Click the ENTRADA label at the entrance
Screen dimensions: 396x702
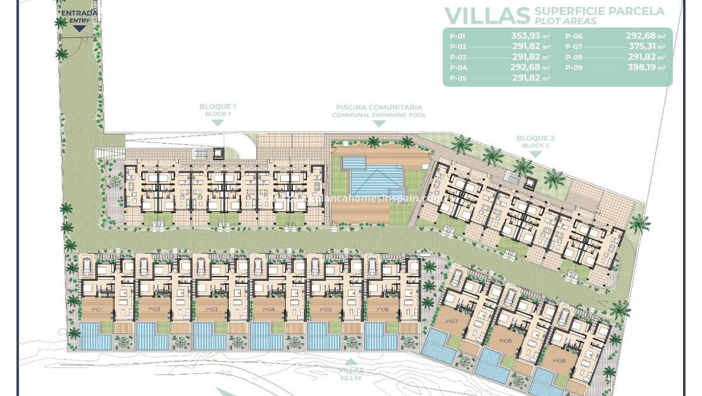[x=79, y=13]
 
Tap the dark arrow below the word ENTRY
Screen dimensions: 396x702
[x=78, y=27]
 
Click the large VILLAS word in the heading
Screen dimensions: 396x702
[x=486, y=15]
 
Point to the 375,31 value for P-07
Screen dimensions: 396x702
[x=642, y=47]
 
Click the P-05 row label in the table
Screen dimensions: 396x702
[x=458, y=78]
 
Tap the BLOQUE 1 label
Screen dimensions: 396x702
[x=217, y=108]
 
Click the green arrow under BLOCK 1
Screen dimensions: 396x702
[x=217, y=122]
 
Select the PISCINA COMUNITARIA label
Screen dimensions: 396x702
[x=379, y=108]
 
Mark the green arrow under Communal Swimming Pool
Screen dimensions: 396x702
[x=379, y=123]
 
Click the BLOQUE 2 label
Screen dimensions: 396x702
[x=535, y=138]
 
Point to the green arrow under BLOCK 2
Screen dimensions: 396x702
[x=535, y=152]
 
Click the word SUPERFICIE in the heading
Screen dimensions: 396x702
[x=565, y=11]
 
